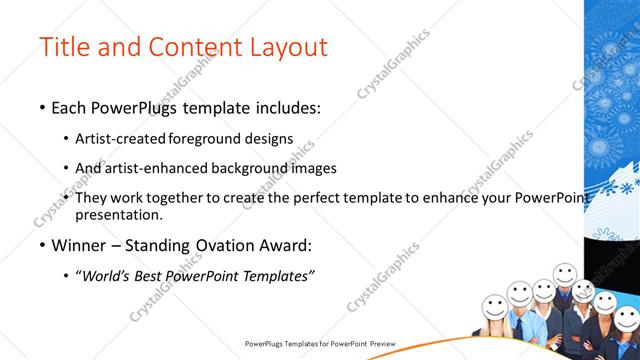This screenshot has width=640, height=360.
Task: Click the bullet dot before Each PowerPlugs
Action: click(41, 108)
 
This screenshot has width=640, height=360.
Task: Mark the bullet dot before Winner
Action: click(41, 245)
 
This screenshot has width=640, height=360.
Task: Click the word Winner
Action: click(78, 245)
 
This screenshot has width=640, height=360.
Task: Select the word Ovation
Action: click(229, 245)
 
